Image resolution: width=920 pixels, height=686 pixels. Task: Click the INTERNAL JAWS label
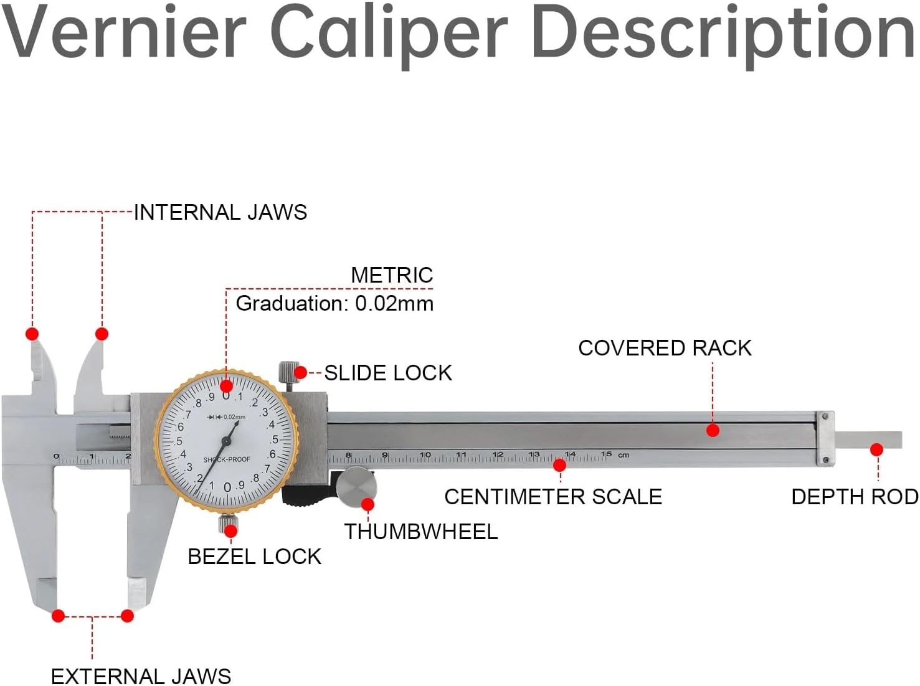[x=221, y=212]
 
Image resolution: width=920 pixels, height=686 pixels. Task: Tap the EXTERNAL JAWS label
[x=141, y=676]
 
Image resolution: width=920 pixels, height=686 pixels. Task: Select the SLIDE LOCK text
[x=388, y=373]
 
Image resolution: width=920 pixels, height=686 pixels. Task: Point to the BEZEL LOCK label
[x=254, y=556]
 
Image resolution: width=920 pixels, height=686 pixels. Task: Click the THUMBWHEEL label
[x=421, y=531]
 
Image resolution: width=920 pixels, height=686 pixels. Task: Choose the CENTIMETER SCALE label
[x=552, y=497]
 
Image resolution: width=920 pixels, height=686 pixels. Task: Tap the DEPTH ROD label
[x=855, y=497]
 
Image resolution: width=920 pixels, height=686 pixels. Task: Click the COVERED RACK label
[x=665, y=347]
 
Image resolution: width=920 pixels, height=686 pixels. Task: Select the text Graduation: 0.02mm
[x=334, y=304]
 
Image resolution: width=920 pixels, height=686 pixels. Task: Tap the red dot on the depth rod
[x=876, y=449]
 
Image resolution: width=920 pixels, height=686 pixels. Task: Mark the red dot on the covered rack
[x=713, y=430]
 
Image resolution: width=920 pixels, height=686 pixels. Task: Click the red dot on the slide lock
[x=300, y=373]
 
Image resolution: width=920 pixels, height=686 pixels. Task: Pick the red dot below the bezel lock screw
[x=230, y=531]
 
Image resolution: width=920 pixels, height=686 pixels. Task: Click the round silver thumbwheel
[x=355, y=485]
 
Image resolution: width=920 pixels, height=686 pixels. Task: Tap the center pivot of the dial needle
[x=226, y=441]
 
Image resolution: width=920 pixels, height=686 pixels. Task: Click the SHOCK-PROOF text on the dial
[x=227, y=460]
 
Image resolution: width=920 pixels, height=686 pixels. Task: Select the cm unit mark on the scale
[x=624, y=455]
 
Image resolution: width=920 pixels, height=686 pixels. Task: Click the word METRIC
[x=392, y=275]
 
